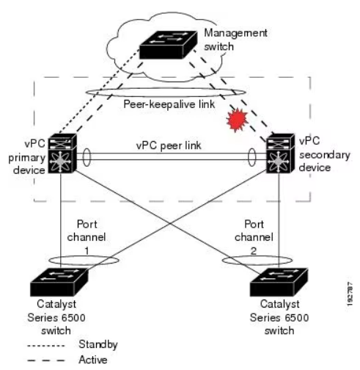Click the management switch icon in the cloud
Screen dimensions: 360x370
168,45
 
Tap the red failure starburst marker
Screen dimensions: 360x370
237,120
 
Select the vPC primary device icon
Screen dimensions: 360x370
62,153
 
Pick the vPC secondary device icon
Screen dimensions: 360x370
280,153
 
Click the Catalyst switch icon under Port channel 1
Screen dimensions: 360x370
59,282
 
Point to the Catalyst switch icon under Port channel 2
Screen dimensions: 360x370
279,282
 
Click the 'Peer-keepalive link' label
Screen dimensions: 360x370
169,104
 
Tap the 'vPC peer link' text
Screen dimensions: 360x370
169,145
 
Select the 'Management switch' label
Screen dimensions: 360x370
235,40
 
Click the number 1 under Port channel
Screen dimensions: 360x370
87,251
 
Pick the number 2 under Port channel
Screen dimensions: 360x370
254,251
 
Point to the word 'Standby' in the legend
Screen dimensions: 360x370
98,345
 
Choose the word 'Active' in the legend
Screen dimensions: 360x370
93,360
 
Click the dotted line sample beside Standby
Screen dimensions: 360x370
46,346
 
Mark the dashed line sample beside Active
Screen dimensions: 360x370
46,360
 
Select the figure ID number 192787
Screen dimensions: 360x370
350,294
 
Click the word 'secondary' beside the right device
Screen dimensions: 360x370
325,155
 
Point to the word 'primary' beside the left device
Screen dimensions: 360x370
27,159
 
